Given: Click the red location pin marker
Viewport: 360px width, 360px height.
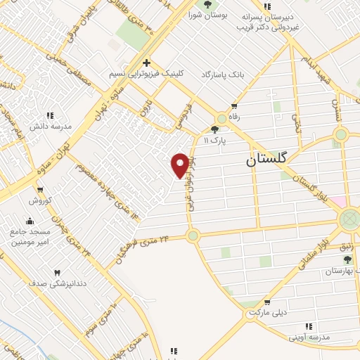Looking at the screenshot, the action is point(180,165).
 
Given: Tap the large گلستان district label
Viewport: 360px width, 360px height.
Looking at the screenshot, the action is point(266,160).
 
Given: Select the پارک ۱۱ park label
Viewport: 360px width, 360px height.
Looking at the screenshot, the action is point(216,141).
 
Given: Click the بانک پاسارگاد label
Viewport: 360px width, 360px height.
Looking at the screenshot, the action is point(227,74).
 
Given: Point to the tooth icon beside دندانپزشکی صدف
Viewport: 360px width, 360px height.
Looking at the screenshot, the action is point(57,273).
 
